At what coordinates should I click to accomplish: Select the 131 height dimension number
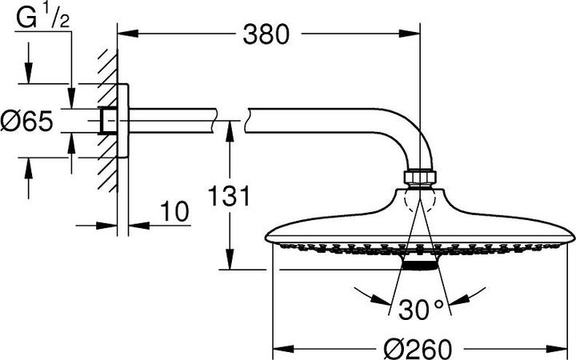point(230,196)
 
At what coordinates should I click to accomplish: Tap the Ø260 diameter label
point(417,349)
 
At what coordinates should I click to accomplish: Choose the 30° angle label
point(416,308)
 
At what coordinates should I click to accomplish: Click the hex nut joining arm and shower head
point(421,176)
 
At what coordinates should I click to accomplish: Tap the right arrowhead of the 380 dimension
point(415,34)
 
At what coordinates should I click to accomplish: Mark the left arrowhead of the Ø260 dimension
point(280,350)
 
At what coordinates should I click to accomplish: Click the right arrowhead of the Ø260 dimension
point(569,350)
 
